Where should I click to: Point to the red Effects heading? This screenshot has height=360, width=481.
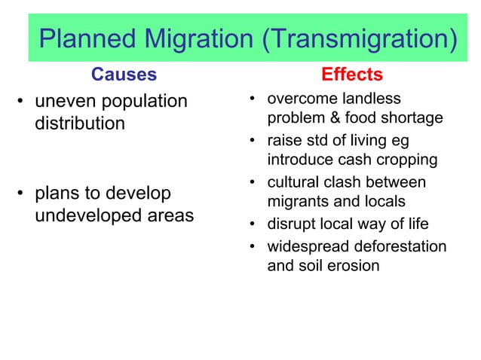[x=352, y=75]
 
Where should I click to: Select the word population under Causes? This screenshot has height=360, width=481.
[x=141, y=102]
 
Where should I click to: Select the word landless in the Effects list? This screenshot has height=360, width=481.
[x=373, y=99]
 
